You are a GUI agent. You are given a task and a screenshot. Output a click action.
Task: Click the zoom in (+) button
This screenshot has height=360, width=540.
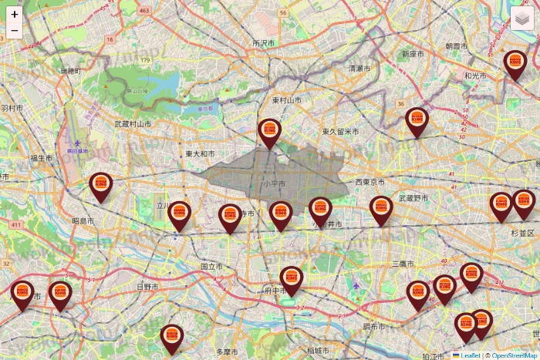click(x=15, y=14)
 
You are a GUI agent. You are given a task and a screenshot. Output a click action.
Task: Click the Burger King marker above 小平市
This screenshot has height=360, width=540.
click(x=269, y=133)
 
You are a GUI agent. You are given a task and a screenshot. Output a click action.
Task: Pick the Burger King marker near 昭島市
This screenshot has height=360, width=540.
click(x=100, y=185)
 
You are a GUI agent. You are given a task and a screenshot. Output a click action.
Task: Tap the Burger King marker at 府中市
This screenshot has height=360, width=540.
click(x=291, y=279)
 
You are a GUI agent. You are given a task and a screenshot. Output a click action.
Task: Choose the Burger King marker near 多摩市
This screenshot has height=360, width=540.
click(x=172, y=338)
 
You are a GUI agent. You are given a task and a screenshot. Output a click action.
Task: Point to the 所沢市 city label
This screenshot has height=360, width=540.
click(x=264, y=44)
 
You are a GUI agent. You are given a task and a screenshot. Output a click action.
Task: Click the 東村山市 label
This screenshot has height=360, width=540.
click(x=286, y=101)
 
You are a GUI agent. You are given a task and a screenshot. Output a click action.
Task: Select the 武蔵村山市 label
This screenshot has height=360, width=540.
click(x=133, y=123)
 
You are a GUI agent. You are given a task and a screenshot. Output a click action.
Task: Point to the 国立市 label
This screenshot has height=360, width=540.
click(x=211, y=266)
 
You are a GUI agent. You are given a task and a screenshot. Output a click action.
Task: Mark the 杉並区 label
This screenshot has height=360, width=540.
click(x=522, y=232)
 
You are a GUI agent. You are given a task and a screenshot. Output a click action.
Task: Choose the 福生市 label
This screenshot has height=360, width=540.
click(x=40, y=158)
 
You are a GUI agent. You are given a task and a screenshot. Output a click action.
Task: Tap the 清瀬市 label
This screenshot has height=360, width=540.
click(x=359, y=69)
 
